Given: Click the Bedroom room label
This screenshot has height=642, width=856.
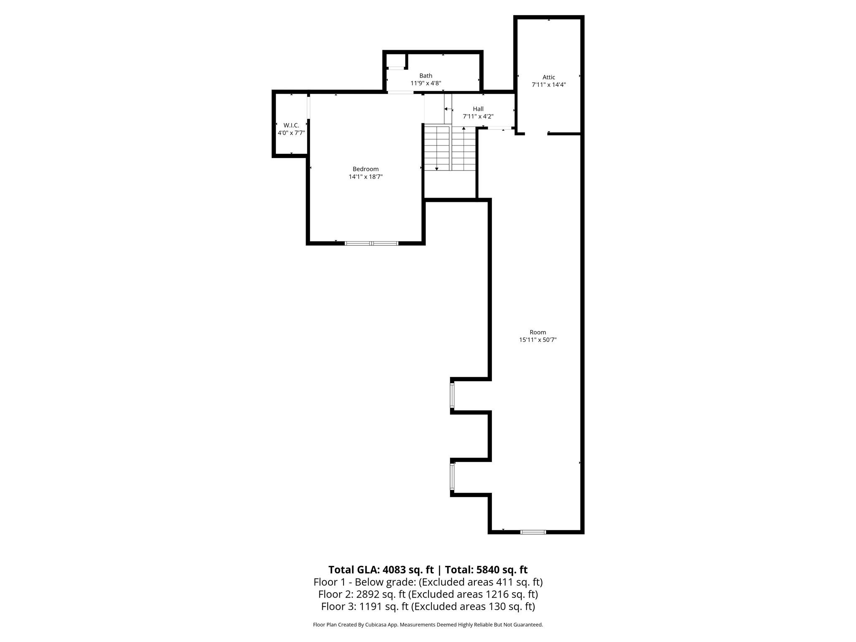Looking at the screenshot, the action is pyautogui.click(x=365, y=169).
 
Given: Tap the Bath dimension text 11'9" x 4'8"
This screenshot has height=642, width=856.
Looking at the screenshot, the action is pyautogui.click(x=425, y=83).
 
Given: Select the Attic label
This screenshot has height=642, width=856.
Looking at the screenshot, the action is pyautogui.click(x=548, y=77).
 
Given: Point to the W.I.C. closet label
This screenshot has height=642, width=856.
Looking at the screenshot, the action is pyautogui.click(x=291, y=125).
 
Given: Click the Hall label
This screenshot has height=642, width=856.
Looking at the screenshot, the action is pyautogui.click(x=478, y=109).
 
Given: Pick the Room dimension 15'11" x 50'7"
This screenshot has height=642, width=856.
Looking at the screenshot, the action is pyautogui.click(x=538, y=340).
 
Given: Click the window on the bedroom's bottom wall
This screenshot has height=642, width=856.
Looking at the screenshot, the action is pyautogui.click(x=371, y=243).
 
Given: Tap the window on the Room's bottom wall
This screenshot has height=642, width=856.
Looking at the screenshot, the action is pyautogui.click(x=533, y=532).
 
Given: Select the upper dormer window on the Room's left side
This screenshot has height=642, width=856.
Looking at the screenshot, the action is pyautogui.click(x=452, y=395).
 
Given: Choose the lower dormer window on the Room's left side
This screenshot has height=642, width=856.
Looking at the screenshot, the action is pyautogui.click(x=452, y=476).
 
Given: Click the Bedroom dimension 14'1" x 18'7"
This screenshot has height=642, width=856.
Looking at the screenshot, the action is pyautogui.click(x=366, y=177).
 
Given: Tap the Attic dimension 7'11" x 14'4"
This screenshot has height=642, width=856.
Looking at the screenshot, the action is pyautogui.click(x=548, y=84).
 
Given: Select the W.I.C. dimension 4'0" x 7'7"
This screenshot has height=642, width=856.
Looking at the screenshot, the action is pyautogui.click(x=291, y=133).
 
